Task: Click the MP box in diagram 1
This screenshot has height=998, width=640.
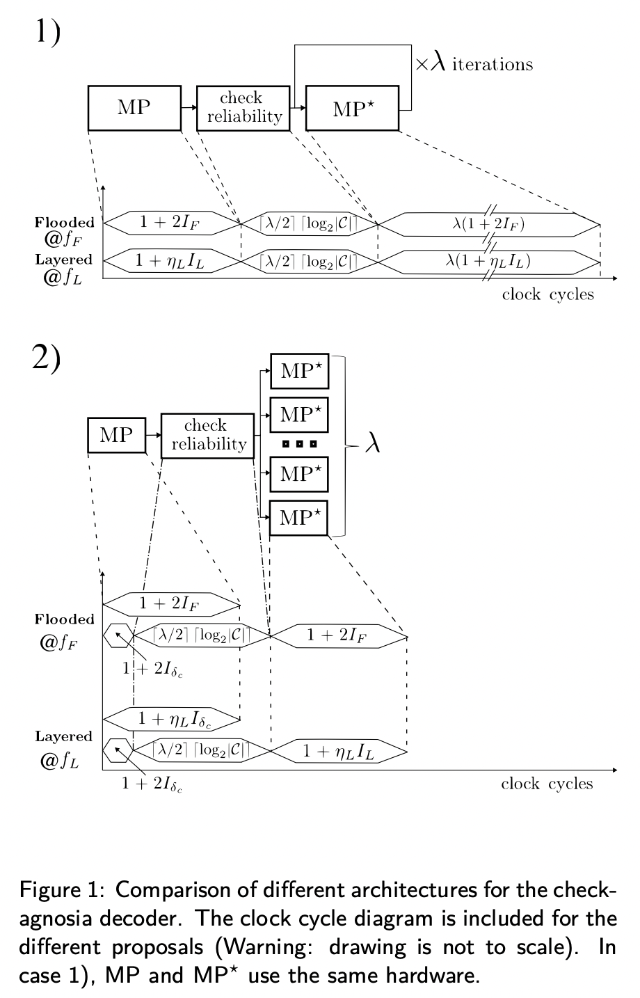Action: [134, 108]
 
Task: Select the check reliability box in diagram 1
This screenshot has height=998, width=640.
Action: [241, 108]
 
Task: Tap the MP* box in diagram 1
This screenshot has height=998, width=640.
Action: [352, 108]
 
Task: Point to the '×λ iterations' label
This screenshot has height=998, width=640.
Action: [474, 65]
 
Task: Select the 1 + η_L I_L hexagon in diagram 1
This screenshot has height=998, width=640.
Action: [171, 262]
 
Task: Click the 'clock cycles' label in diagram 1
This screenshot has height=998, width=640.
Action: [548, 294]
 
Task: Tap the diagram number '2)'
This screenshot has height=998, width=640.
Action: [47, 358]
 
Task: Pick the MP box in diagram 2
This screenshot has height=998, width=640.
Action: [116, 435]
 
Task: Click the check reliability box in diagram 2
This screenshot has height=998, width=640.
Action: [207, 436]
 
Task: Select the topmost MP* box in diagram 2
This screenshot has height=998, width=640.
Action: [298, 371]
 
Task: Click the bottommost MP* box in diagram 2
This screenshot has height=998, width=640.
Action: [298, 518]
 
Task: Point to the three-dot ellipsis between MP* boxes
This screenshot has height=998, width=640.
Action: [299, 443]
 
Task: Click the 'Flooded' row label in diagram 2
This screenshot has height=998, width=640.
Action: [65, 619]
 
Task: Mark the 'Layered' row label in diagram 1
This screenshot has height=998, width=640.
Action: [64, 260]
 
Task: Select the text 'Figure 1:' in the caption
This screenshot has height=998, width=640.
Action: [63, 890]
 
